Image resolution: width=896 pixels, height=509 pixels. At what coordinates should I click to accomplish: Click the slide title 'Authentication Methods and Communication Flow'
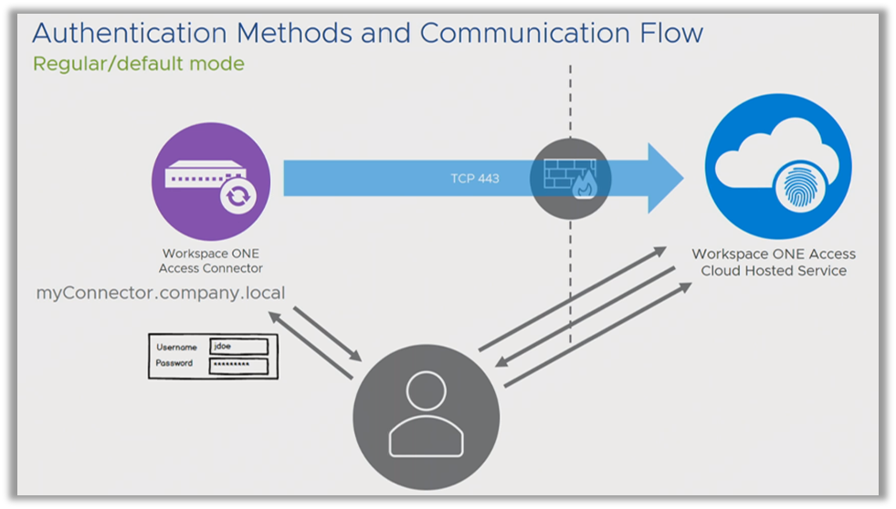click(367, 33)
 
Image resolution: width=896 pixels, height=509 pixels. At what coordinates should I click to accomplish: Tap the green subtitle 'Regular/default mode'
click(138, 63)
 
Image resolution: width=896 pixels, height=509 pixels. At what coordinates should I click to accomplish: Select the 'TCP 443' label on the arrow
click(475, 179)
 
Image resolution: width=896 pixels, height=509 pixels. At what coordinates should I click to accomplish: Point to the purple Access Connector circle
click(211, 182)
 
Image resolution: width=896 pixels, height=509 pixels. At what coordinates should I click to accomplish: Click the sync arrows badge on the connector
click(238, 196)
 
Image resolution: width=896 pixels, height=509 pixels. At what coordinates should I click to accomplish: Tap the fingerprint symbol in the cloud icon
click(800, 187)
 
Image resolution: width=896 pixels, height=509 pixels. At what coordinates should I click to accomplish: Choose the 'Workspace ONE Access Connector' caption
click(211, 261)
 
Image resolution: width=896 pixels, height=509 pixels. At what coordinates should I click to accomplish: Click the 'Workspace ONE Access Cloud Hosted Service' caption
click(774, 262)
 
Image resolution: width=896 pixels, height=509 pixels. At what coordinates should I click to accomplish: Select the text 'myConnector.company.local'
click(161, 293)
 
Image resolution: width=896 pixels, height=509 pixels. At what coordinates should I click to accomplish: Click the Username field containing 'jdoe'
click(239, 347)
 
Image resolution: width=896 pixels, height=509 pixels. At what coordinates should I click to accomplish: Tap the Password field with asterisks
click(239, 366)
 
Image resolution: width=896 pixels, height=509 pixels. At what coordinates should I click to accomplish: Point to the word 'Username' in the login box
click(176, 347)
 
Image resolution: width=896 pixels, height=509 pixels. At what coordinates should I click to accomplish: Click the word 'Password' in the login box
click(174, 363)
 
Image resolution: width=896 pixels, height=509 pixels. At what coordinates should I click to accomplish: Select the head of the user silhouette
click(426, 390)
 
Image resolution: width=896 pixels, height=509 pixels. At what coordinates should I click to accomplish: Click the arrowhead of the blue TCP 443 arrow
click(665, 179)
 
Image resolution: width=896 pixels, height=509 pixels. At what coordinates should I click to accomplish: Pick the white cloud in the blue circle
click(776, 159)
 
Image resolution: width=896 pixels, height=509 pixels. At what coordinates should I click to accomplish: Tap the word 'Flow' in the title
click(671, 33)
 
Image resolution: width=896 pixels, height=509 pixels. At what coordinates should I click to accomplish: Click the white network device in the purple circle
click(206, 173)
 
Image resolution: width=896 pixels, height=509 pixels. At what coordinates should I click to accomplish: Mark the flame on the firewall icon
click(585, 185)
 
